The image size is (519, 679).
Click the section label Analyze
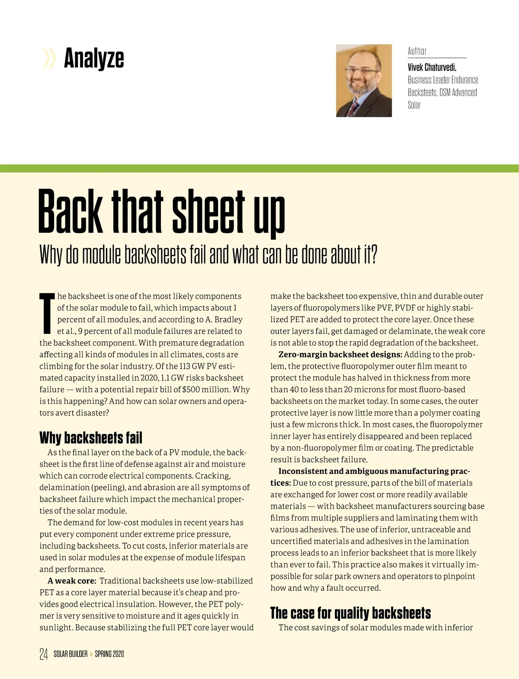click(94, 58)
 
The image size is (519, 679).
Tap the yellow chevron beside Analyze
click(49, 59)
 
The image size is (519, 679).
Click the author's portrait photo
click(364, 80)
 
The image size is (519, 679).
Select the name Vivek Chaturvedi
click(432, 67)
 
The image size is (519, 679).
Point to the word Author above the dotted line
click(417, 51)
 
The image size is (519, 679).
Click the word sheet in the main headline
click(208, 212)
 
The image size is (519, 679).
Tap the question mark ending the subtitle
click(373, 255)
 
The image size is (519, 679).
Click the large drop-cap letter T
click(47, 313)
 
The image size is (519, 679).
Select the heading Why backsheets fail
click(91, 438)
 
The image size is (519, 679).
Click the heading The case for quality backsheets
click(350, 613)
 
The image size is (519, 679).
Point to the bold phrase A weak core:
click(72, 581)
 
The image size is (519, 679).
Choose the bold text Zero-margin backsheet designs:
click(340, 355)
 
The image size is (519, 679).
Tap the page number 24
click(44, 654)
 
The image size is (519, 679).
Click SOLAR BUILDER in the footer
click(70, 654)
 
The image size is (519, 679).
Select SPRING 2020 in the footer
click(109, 654)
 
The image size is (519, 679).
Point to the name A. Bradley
click(224, 320)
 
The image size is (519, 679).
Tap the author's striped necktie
click(353, 106)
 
